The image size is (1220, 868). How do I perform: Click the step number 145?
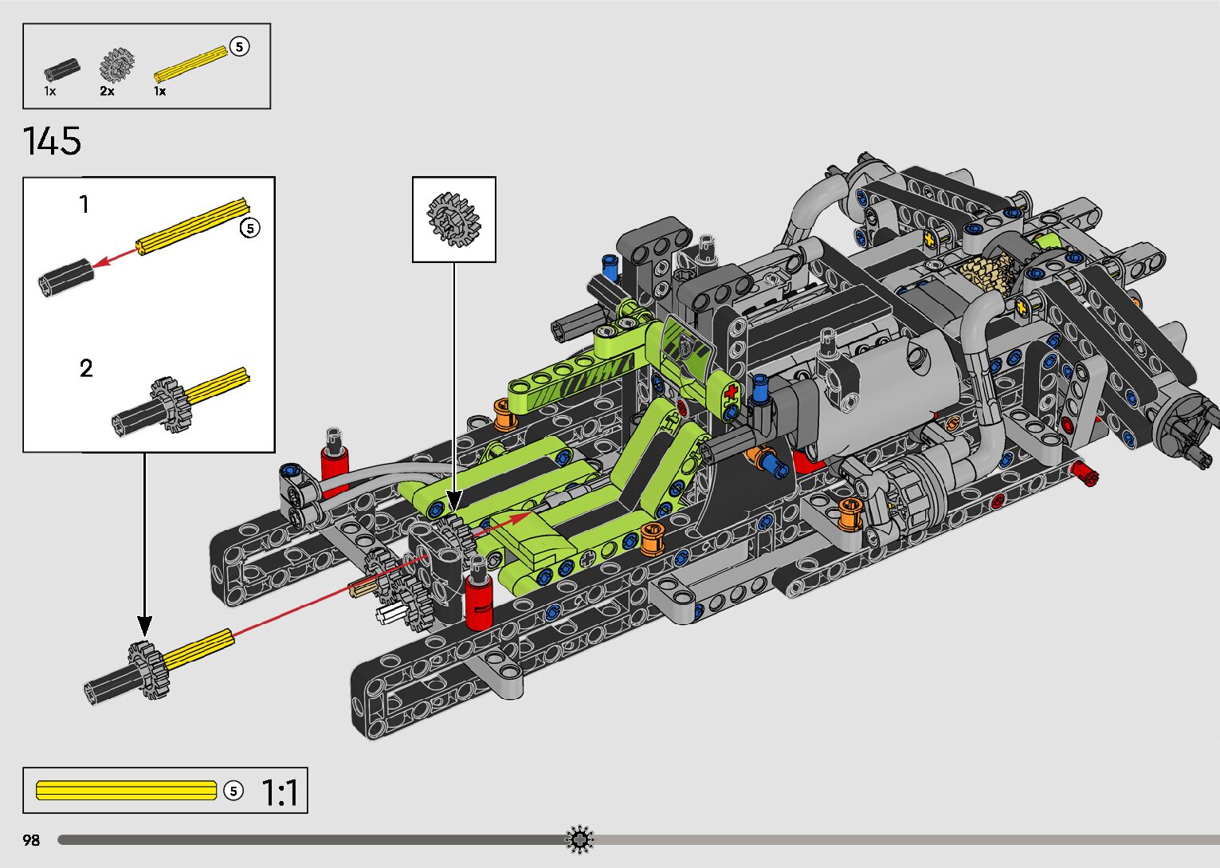[53, 141]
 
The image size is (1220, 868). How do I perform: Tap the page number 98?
[31, 840]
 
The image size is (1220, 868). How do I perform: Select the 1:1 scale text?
[280, 792]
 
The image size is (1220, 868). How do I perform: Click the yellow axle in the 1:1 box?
[126, 791]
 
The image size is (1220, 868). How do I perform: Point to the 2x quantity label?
[107, 91]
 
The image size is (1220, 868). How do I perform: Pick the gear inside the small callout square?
[453, 219]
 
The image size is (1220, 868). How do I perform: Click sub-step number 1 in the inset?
[84, 205]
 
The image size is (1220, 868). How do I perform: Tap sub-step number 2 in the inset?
[86, 369]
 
